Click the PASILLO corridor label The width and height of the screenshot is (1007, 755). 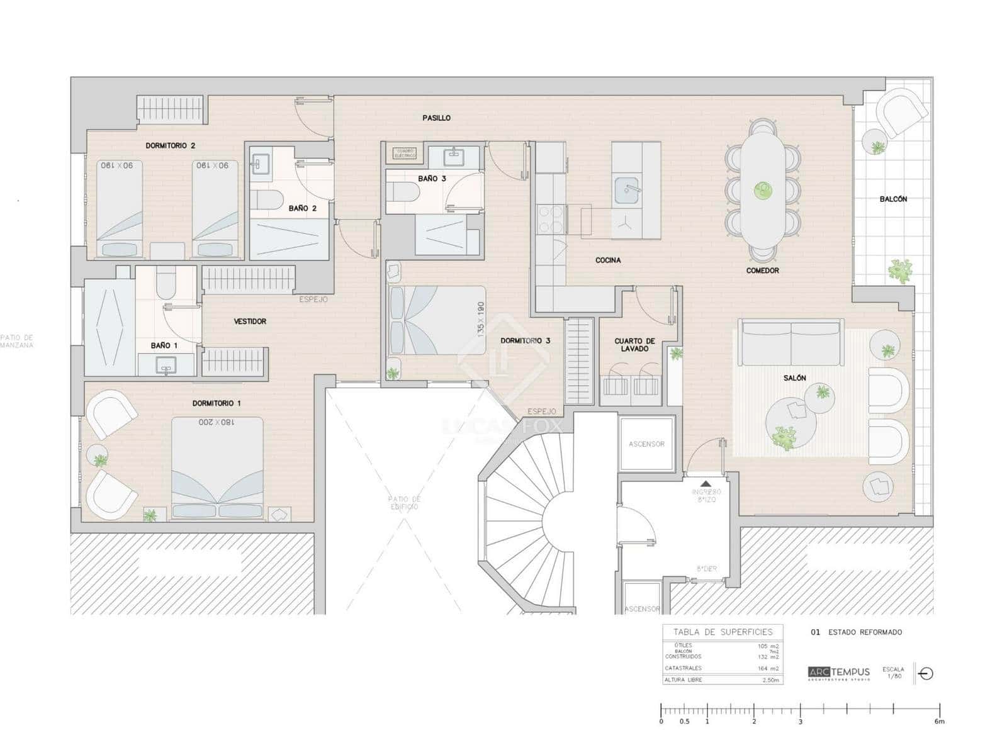pos(436,118)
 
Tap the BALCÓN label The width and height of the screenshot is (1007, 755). pos(893,199)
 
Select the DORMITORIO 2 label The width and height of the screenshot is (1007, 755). pos(170,145)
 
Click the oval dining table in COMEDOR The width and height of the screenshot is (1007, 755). pos(763,189)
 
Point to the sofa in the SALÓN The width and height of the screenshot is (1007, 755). pos(791,343)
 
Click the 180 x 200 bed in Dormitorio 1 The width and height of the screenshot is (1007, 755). pos(217,466)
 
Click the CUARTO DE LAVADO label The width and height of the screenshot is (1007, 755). pos(634,345)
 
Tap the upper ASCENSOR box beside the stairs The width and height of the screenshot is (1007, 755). pos(646,444)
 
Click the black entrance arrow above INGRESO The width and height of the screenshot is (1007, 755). pos(706,484)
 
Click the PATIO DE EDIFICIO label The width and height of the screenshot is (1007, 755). pos(404,503)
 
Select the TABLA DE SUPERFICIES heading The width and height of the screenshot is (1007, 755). pos(723,632)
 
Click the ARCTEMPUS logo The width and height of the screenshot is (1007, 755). pos(838,673)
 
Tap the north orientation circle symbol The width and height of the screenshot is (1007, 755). pos(926,673)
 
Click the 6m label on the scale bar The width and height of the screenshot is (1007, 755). pos(939,722)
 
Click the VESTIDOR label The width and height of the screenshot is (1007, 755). pos(250,322)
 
